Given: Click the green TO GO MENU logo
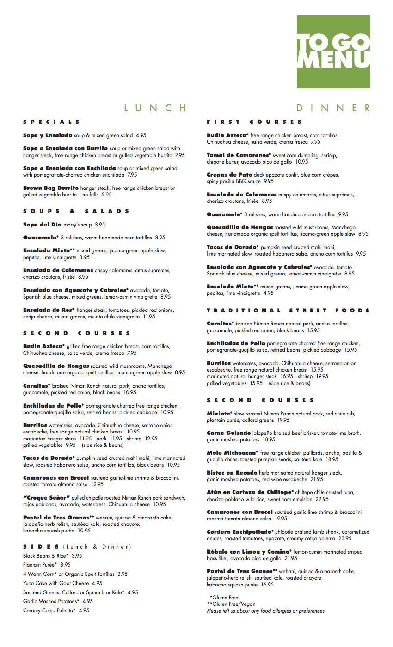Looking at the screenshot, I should click(333, 51).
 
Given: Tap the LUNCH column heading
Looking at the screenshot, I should click(155, 108).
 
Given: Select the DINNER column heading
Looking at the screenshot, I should click(333, 108).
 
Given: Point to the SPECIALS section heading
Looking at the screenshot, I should click(51, 122).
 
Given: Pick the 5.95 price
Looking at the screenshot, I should click(107, 195).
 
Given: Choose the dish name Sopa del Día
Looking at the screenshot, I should click(42, 225).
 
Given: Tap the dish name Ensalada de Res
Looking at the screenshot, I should click(49, 310).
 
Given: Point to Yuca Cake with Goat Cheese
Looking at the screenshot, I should click(62, 583).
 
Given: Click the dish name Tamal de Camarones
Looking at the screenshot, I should click(238, 155).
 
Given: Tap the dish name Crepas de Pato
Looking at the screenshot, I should click(229, 175).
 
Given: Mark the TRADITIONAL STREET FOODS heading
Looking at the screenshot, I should click(288, 311).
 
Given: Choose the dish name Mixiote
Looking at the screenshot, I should click(220, 414).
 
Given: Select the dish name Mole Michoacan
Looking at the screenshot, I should click(233, 453).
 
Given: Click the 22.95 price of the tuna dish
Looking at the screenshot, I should click(322, 499).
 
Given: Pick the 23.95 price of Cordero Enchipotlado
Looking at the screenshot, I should click(344, 538).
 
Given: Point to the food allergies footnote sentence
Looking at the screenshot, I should click(266, 611).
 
